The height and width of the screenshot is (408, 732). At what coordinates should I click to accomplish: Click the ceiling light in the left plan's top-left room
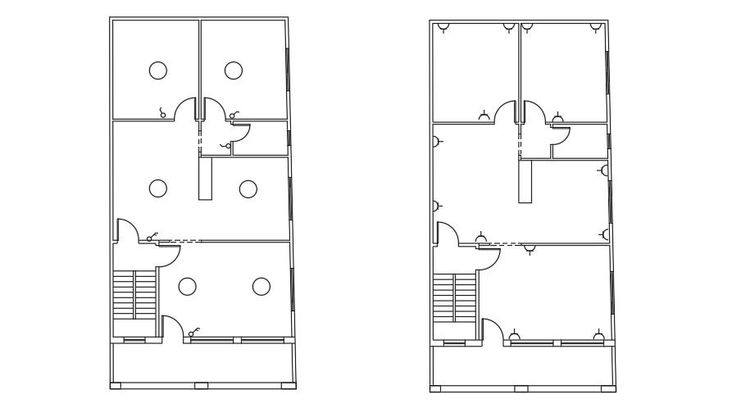[x=158, y=70]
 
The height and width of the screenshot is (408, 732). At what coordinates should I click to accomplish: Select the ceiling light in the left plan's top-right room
[x=234, y=70]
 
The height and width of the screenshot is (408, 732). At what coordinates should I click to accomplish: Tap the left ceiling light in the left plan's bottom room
[x=187, y=286]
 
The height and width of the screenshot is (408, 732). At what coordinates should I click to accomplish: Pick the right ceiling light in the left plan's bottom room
[x=261, y=286]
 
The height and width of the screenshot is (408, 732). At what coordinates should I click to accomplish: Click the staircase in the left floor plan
[x=134, y=294]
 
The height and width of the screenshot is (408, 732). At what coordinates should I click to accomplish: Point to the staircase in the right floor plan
[x=454, y=298]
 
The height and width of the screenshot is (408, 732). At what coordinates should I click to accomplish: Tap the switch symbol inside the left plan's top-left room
[x=162, y=113]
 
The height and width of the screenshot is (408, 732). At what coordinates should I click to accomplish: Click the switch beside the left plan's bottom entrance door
[x=193, y=333]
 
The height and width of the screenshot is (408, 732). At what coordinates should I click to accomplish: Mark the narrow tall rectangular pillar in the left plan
[x=205, y=179]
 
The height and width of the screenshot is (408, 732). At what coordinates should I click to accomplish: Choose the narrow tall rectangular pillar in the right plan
[x=525, y=181]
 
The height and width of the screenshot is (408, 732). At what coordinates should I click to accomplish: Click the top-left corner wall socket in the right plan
[x=443, y=27]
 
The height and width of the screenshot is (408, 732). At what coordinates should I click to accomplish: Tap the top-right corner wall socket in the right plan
[x=596, y=27]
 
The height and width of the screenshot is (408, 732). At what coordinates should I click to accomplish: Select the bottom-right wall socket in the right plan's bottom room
[x=598, y=337]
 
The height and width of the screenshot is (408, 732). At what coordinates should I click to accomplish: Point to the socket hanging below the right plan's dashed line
[x=530, y=248]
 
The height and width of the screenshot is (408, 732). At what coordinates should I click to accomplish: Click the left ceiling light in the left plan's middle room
[x=158, y=188]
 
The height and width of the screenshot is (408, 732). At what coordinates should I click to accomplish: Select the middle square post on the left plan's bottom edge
[x=201, y=385]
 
